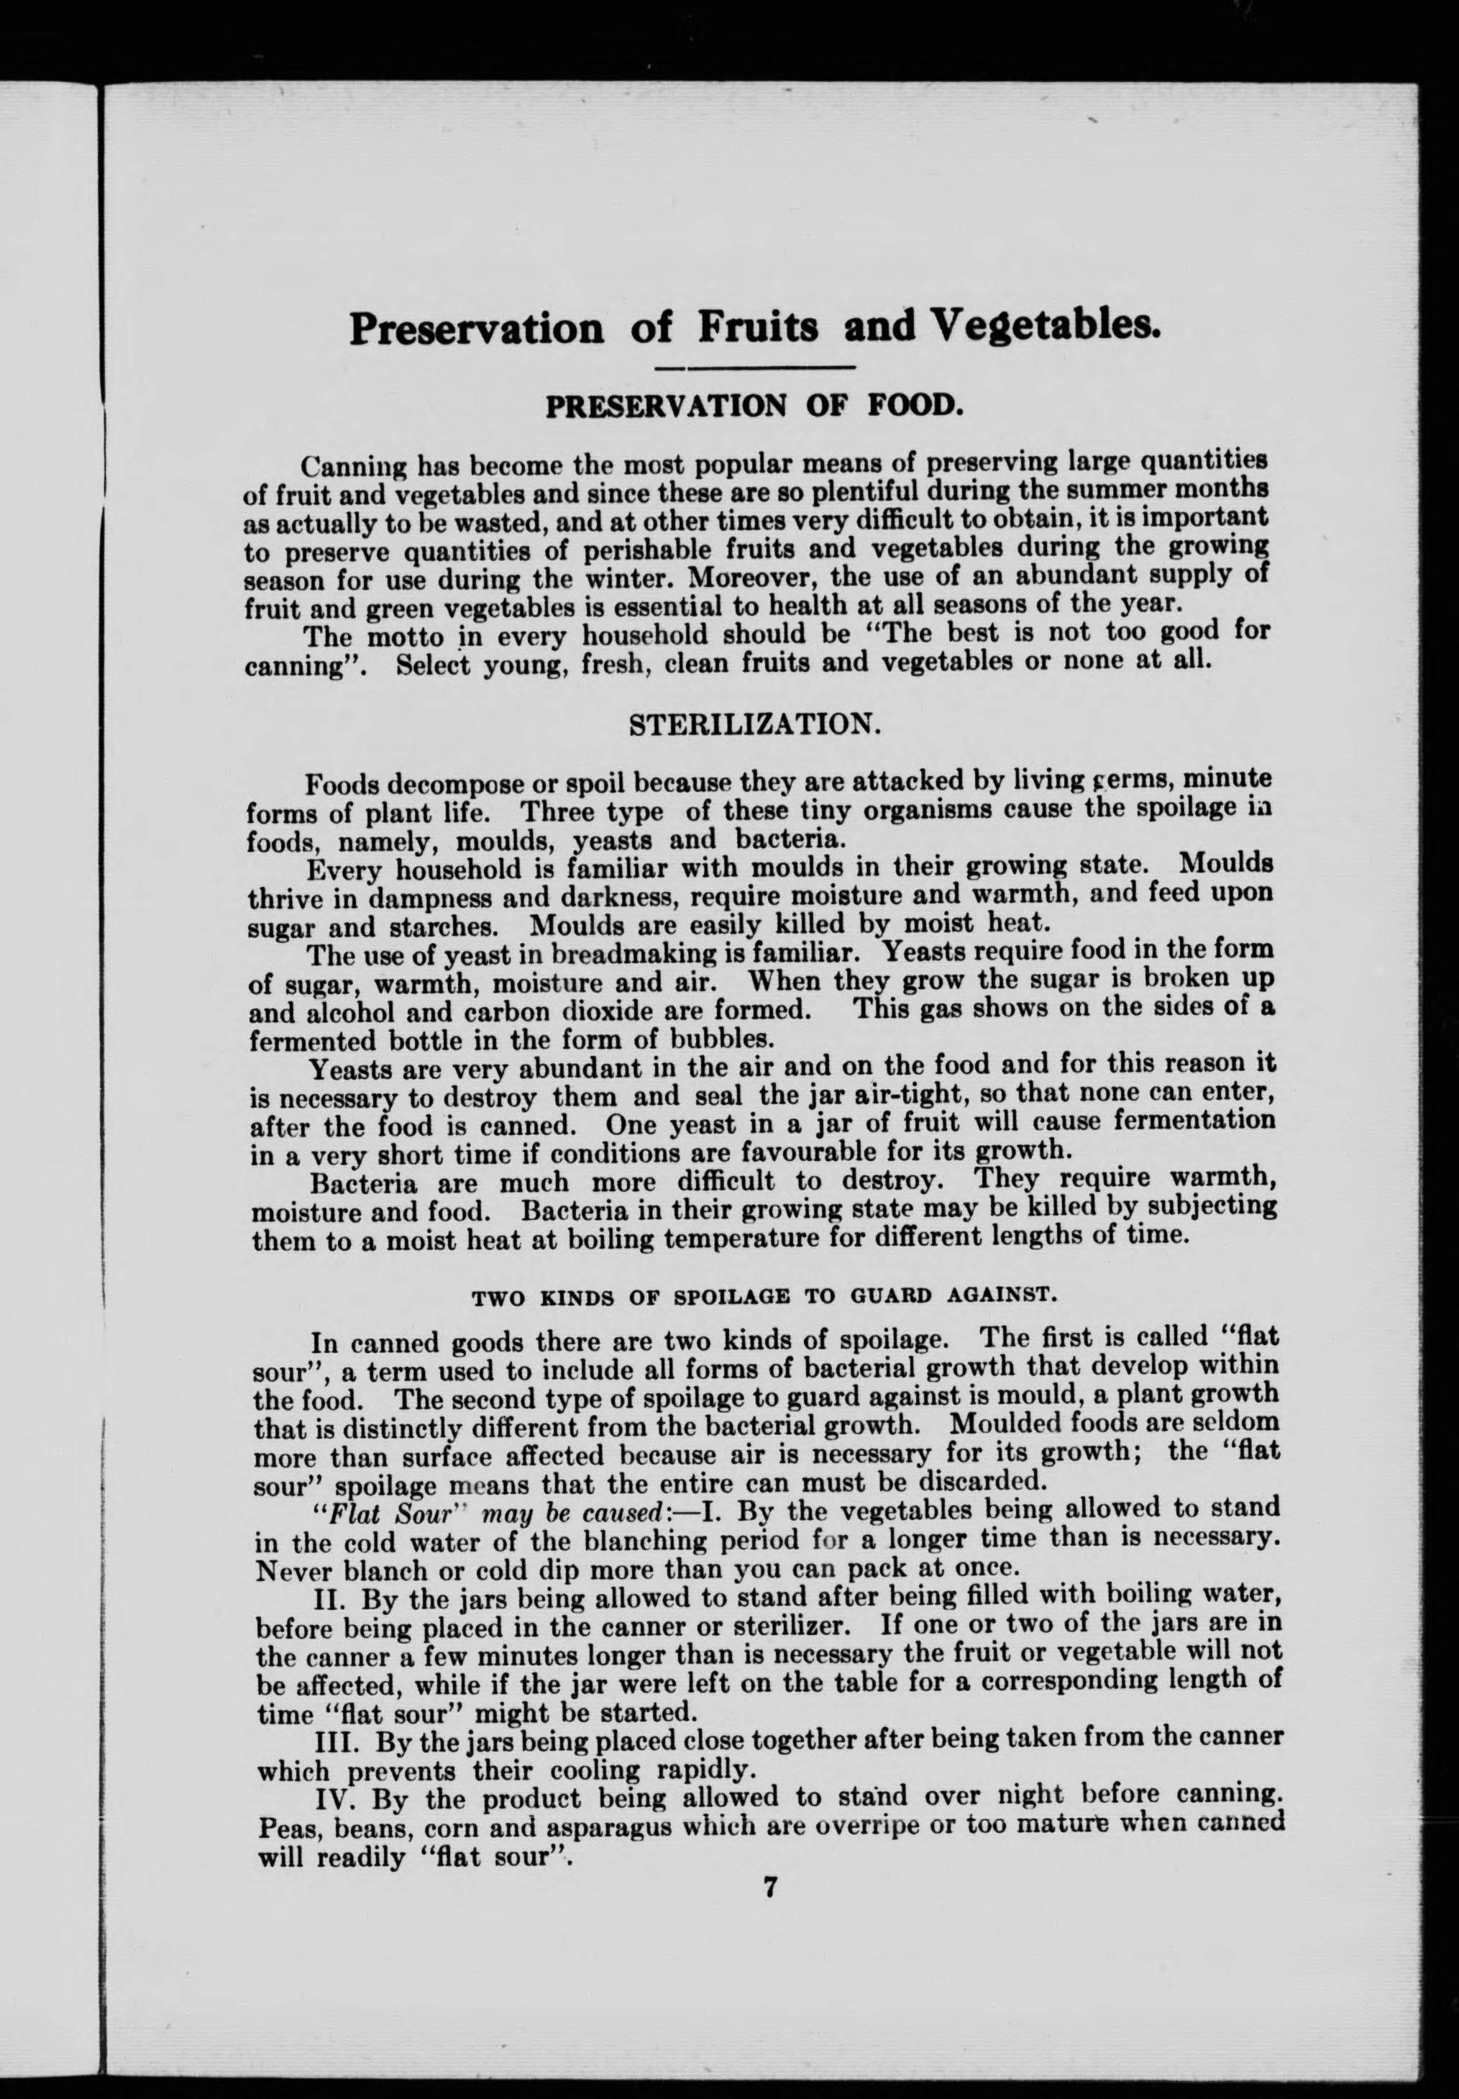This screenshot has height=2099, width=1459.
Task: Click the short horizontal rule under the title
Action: [x=755, y=368]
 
